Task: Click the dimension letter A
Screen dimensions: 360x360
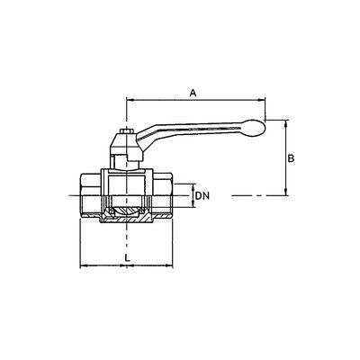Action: point(193,93)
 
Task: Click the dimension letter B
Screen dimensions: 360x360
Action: point(291,158)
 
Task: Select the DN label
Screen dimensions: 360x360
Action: point(202,196)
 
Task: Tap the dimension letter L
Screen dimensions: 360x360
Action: point(128,257)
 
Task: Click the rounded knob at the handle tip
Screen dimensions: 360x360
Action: point(255,128)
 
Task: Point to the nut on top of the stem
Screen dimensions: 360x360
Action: point(126,131)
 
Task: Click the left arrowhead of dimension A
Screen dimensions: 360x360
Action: point(130,99)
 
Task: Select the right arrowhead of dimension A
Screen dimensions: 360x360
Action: point(262,99)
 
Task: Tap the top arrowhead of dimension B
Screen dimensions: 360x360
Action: point(286,123)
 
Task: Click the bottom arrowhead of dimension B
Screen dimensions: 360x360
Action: point(286,192)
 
